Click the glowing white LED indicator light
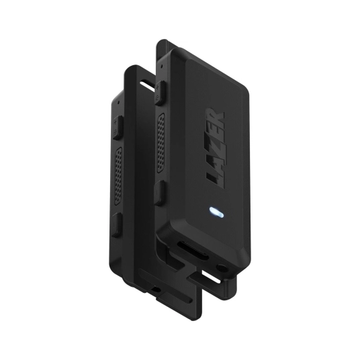(x=216, y=212)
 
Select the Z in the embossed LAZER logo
(x=215, y=148)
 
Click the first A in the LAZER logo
(x=214, y=163)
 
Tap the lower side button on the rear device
(x=117, y=224)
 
